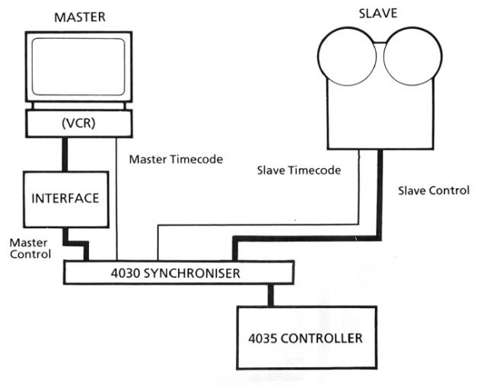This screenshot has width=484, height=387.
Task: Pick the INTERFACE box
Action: [x=65, y=198]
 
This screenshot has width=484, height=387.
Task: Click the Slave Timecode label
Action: [x=297, y=171]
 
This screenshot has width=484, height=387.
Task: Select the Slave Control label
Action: [x=433, y=189]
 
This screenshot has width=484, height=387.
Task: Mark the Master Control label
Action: [x=30, y=248]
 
